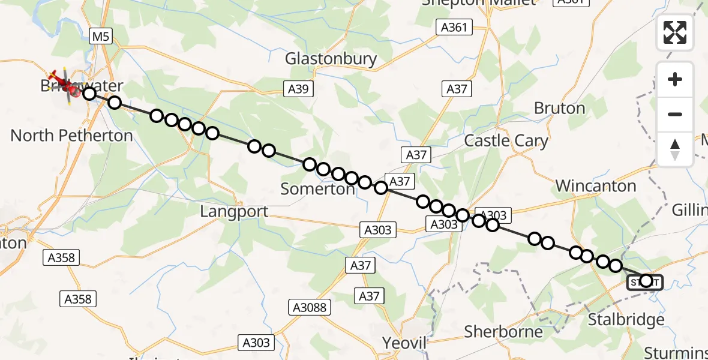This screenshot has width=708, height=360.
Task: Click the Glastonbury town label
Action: click(x=331, y=59)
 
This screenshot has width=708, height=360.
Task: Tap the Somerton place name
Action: click(x=318, y=189)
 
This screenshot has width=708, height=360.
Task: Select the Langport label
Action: click(x=234, y=212)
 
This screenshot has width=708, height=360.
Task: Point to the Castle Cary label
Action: click(x=506, y=141)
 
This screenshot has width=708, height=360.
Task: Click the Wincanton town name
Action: click(x=596, y=186)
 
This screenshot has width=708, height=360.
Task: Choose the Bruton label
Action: click(x=559, y=109)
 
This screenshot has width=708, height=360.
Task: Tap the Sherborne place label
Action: click(x=503, y=332)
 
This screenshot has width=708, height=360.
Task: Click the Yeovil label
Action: click(x=404, y=343)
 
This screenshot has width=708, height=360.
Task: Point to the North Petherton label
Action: click(x=71, y=136)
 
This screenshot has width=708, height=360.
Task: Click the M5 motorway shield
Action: click(x=100, y=37)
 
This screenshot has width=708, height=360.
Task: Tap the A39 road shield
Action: click(x=298, y=89)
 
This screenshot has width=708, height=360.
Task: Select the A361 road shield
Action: click(x=454, y=27)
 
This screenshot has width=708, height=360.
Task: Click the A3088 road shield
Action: click(x=310, y=307)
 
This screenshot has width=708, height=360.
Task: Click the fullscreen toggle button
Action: click(x=675, y=32)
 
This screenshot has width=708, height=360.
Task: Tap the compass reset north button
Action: click(x=675, y=149)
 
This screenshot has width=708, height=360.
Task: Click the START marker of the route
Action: click(x=645, y=281)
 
